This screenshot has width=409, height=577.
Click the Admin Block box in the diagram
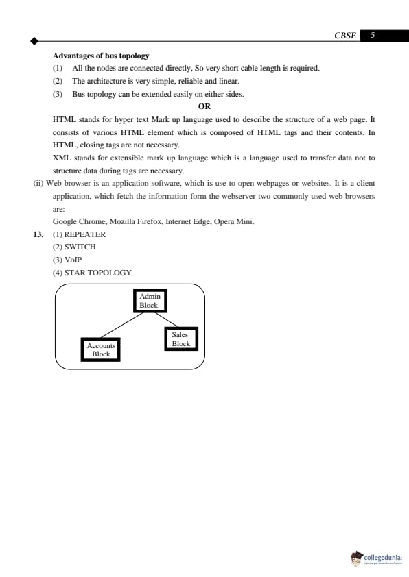[x=148, y=301]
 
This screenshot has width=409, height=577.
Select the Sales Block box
[x=180, y=339]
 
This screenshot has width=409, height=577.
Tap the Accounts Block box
[x=101, y=349]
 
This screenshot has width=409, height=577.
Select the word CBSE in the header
[x=344, y=36]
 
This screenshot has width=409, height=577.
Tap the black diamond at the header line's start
[x=34, y=41]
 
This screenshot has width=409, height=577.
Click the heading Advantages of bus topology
[x=101, y=56]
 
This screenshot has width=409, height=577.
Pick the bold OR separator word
[x=204, y=106]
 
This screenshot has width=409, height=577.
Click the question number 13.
[x=38, y=234]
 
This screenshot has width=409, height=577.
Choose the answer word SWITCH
[x=80, y=247]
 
